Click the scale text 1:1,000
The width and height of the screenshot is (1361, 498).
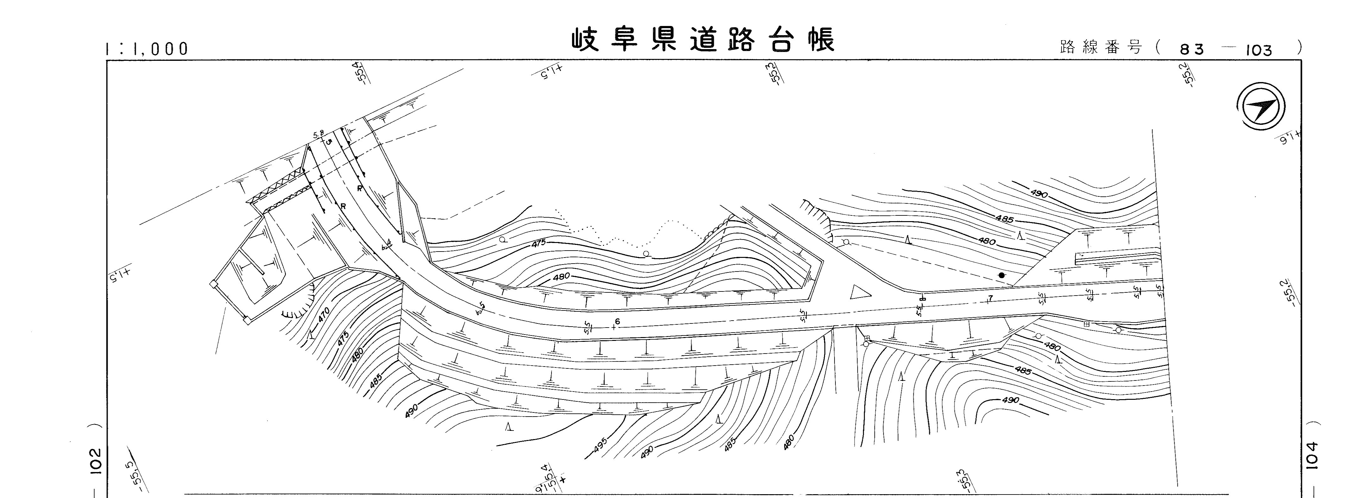pos(147,49)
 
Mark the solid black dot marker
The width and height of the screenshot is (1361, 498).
pos(1001,275)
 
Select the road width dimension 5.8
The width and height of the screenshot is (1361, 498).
pos(318,135)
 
